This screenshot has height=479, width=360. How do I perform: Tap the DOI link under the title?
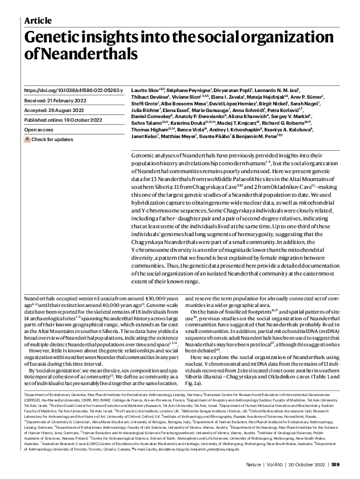click(x=73, y=90)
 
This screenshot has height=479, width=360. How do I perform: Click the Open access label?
click(x=39, y=130)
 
